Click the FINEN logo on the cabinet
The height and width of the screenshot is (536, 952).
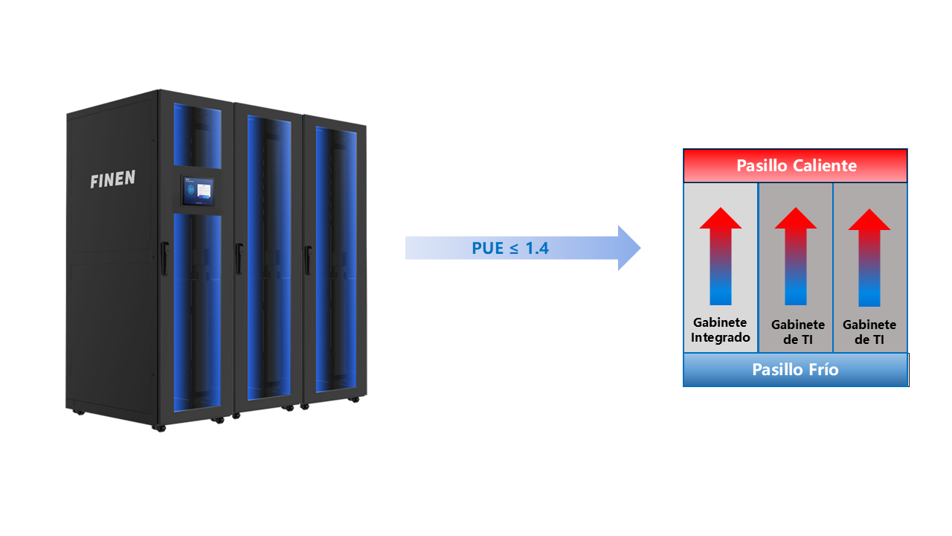112,180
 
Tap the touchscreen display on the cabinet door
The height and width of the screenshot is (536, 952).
202,194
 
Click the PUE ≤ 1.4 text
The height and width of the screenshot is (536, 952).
510,248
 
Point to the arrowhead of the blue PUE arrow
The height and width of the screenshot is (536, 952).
628,247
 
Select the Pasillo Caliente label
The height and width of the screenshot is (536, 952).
796,165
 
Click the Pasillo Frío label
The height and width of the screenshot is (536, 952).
795,369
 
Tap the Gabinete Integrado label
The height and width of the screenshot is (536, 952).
720,330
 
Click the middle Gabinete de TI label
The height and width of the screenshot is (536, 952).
797,332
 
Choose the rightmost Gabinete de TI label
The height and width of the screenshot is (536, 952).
869,332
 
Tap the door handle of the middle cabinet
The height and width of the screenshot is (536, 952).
239,258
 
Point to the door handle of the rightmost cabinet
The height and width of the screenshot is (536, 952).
306,258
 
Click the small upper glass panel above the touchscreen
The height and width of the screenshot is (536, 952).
197,134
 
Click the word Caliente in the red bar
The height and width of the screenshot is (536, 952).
823,165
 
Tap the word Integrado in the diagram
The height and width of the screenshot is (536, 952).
720,337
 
